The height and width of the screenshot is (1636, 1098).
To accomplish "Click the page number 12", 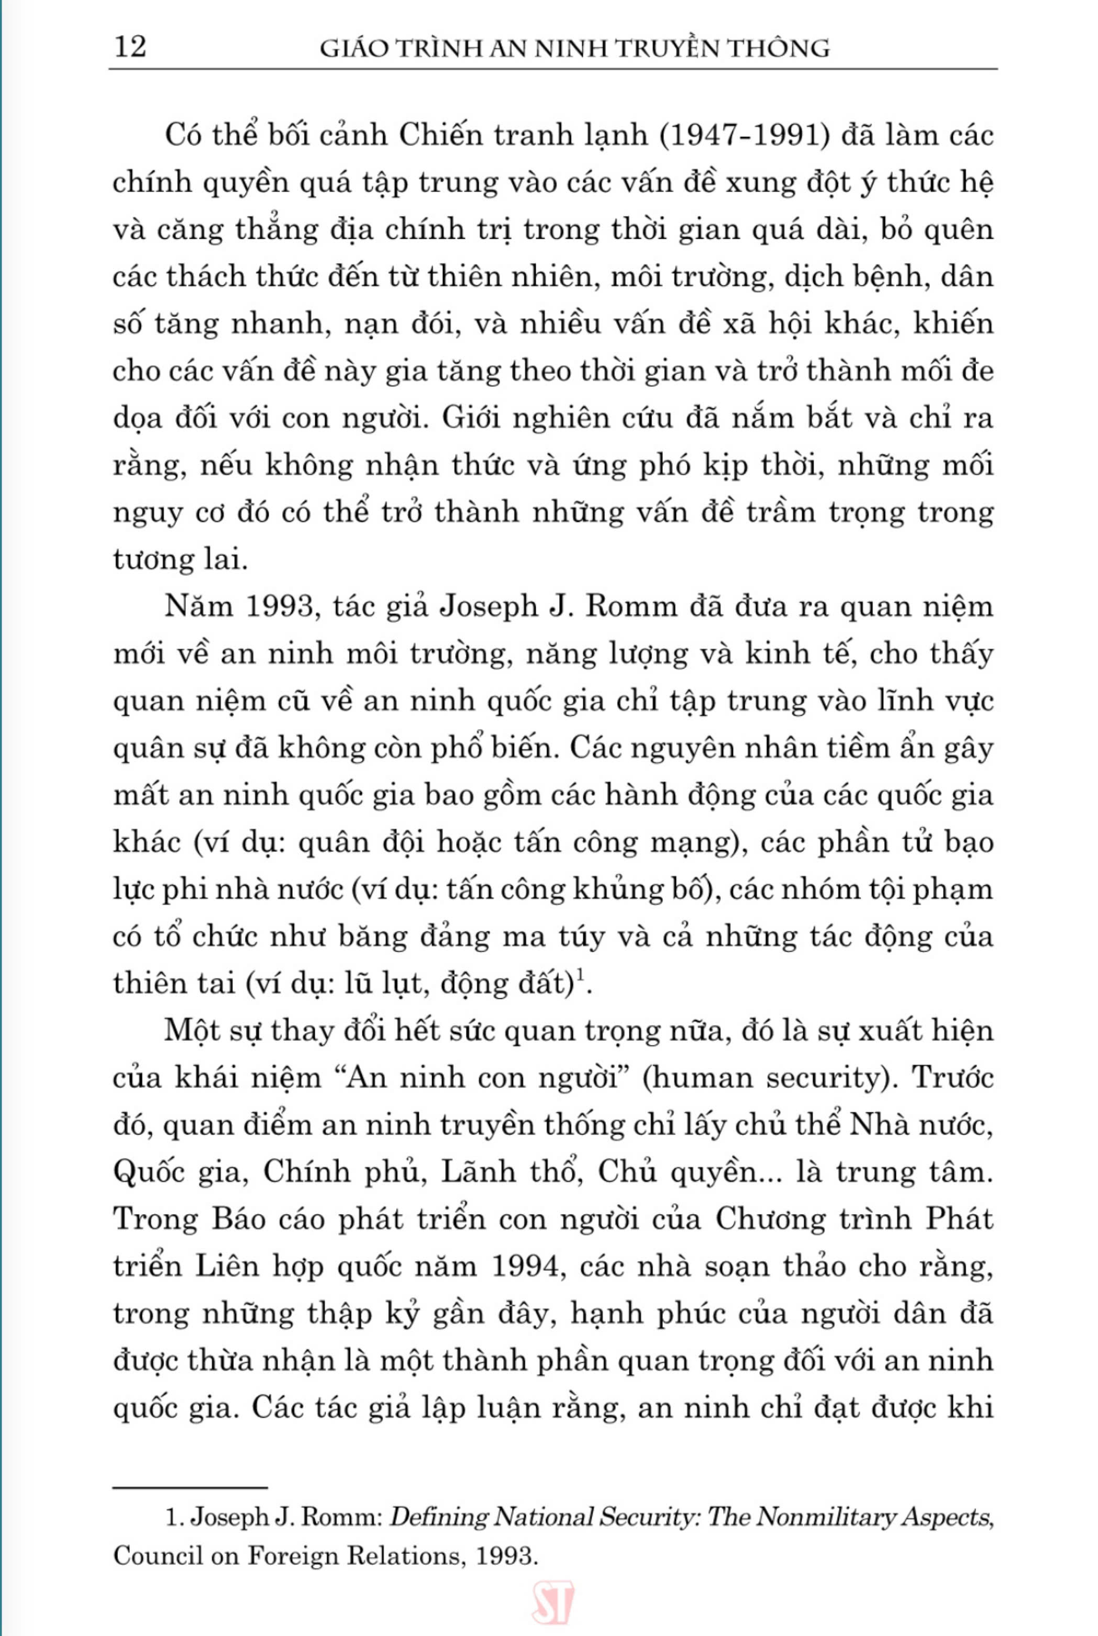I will point(130,48).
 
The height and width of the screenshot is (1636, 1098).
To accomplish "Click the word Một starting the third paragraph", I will point(193,1032).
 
